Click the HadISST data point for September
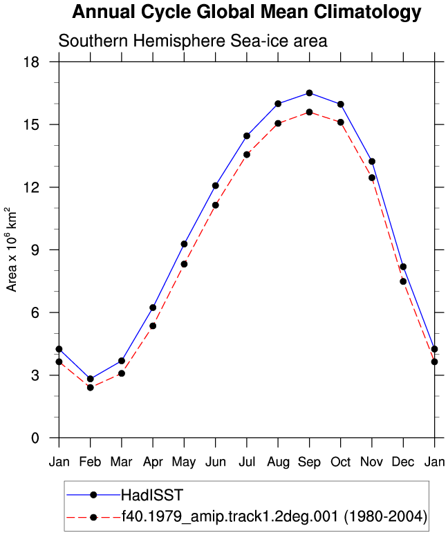[310, 93]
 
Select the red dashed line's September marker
[310, 112]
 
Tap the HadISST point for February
[91, 379]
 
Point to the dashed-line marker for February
[91, 388]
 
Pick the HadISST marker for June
[215, 186]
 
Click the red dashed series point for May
[185, 264]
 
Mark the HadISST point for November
[372, 161]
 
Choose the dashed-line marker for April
[153, 326]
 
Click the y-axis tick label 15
[31, 124]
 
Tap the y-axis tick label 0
[35, 438]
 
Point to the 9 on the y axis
[35, 250]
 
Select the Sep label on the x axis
[310, 462]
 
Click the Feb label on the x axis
[91, 462]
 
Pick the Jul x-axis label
[247, 462]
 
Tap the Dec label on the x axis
[403, 462]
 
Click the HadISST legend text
[152, 495]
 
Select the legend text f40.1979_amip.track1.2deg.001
[230, 516]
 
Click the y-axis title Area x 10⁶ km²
[11, 250]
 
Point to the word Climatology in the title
[368, 12]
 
